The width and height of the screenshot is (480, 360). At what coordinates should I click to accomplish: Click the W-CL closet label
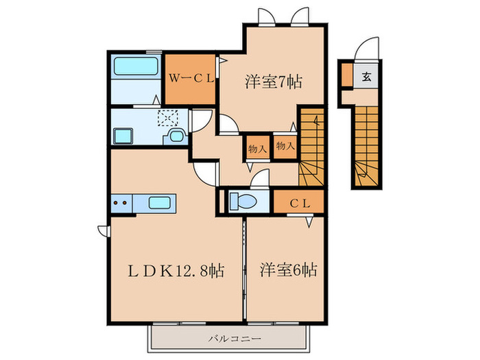[191, 79]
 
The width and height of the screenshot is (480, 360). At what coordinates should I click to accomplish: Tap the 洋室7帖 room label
[274, 82]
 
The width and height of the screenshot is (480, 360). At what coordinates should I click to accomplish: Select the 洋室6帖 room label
[289, 269]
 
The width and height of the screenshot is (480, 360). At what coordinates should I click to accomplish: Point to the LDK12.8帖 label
[176, 271]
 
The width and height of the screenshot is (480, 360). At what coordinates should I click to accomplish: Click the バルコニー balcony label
[235, 339]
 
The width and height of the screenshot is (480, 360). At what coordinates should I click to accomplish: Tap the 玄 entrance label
[366, 76]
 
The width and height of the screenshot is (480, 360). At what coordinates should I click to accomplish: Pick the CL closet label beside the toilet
[300, 203]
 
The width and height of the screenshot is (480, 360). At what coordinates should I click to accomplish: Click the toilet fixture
[243, 201]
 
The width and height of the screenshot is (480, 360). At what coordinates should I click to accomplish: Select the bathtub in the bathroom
[136, 66]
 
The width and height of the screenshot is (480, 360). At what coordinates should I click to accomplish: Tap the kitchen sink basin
[160, 203]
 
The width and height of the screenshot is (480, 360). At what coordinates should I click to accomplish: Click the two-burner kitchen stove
[121, 203]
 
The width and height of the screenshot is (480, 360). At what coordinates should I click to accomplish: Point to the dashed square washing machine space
[168, 118]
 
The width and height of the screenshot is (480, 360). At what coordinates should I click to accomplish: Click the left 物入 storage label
[257, 149]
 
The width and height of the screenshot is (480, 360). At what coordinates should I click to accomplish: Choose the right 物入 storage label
[285, 145]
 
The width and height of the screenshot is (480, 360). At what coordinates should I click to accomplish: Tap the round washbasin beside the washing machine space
[176, 136]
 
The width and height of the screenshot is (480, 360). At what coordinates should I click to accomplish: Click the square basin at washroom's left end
[123, 136]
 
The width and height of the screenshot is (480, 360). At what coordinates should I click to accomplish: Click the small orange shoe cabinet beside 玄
[347, 75]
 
